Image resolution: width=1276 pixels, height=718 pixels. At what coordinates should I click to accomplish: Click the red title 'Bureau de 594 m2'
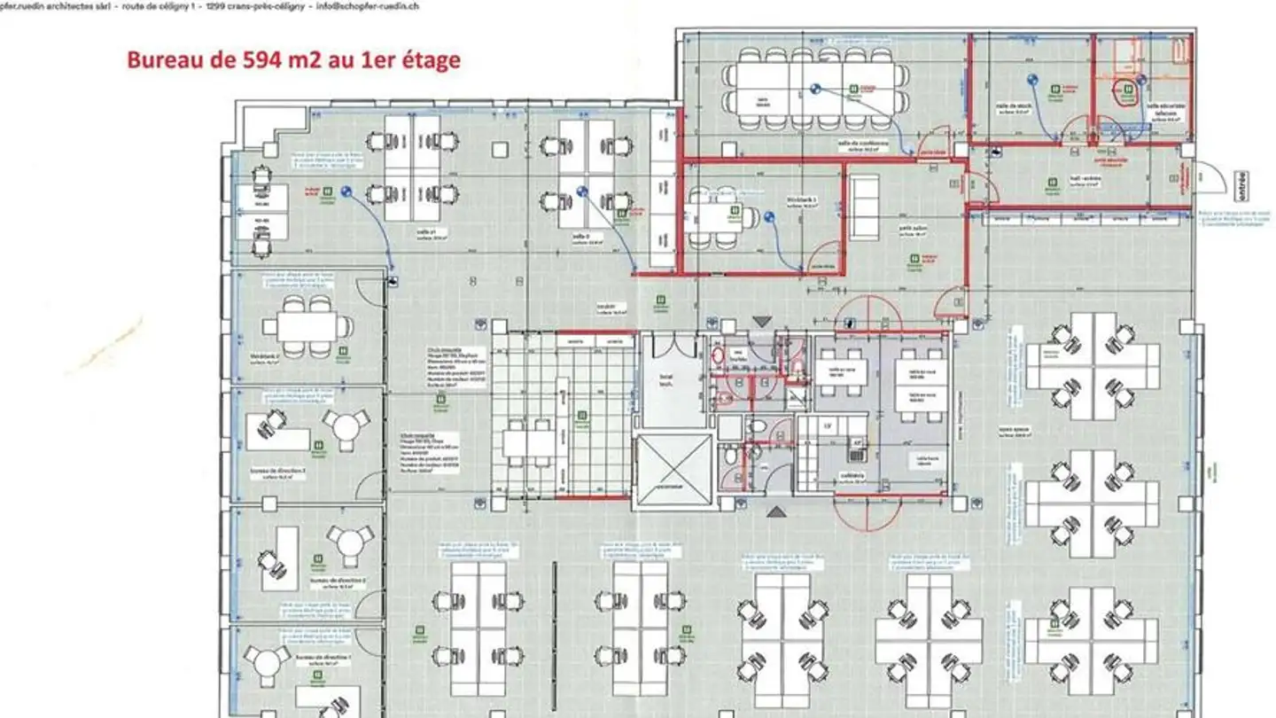pyautogui.click(x=293, y=59)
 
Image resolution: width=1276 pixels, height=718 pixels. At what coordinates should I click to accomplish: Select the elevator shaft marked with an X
pyautogui.click(x=675, y=472)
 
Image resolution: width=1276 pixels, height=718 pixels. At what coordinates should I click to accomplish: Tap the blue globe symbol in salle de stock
pyautogui.click(x=1032, y=80)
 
